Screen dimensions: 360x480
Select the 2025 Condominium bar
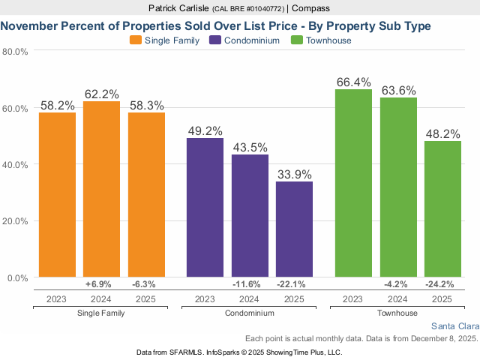pyautogui.click(x=294, y=229)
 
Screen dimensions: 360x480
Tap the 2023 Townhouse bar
pyautogui.click(x=354, y=183)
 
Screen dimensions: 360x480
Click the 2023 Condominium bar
pyautogui.click(x=205, y=208)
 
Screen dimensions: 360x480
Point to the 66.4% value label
pyautogui.click(x=353, y=83)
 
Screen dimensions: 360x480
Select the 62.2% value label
pyautogui.click(x=101, y=94)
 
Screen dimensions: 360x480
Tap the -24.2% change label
pyautogui.click(x=442, y=285)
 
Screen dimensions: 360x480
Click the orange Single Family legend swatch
pyautogui.click(x=136, y=40)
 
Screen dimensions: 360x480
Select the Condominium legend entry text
pyautogui.click(x=254, y=40)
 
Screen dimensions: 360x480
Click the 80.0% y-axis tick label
pyautogui.click(x=15, y=52)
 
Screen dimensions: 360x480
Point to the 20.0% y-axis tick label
pyautogui.click(x=15, y=221)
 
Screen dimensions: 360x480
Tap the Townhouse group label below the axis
pyautogui.click(x=398, y=312)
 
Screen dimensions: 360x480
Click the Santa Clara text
pyautogui.click(x=454, y=326)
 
